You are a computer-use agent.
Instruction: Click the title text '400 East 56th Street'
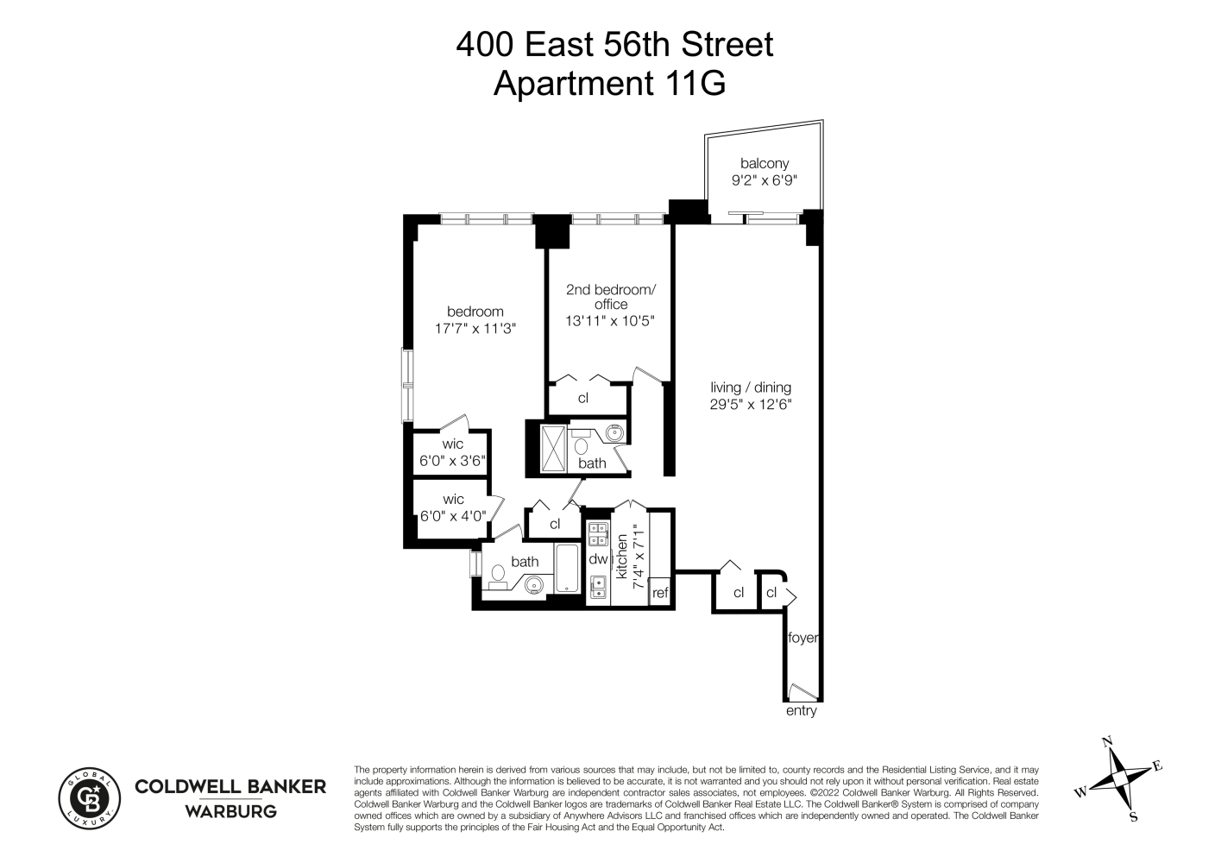[614, 45]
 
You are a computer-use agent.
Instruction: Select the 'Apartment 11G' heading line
[609, 84]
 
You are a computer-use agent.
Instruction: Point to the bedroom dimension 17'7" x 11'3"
[475, 328]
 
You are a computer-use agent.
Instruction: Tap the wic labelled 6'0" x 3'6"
[452, 461]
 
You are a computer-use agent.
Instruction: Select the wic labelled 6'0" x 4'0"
[452, 515]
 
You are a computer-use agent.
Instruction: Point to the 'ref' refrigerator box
[660, 592]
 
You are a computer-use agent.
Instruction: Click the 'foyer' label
[802, 639]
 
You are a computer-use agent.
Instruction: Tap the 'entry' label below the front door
[801, 711]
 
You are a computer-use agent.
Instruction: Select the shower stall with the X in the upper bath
[552, 447]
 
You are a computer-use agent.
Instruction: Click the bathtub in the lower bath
[567, 569]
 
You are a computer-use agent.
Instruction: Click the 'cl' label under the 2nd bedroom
[583, 398]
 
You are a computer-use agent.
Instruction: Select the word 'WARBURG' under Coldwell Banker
[231, 811]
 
